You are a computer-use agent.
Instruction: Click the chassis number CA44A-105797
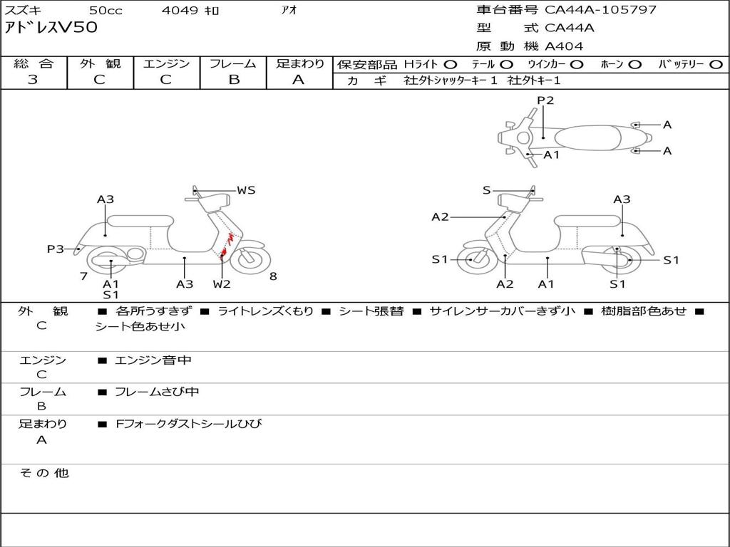pyautogui.click(x=600, y=10)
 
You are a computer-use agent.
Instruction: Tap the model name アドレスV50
pyautogui.click(x=51, y=28)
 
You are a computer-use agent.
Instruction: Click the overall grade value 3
pyautogui.click(x=33, y=80)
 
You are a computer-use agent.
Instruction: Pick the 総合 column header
pyautogui.click(x=34, y=63)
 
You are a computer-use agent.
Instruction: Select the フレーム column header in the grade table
pyautogui.click(x=234, y=63)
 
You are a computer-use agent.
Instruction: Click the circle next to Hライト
pyautogui.click(x=450, y=64)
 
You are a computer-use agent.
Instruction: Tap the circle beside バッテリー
pyautogui.click(x=716, y=64)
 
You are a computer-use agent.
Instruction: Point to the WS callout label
pyautogui.click(x=246, y=190)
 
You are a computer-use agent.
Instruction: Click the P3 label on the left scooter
pyautogui.click(x=56, y=249)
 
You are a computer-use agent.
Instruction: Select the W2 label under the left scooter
pyautogui.click(x=222, y=284)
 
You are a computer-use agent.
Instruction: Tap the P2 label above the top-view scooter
pyautogui.click(x=545, y=100)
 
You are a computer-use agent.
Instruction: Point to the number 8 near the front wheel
pyautogui.click(x=273, y=276)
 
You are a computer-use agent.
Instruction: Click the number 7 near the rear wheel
pyautogui.click(x=84, y=276)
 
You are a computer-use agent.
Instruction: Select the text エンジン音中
pyautogui.click(x=153, y=360)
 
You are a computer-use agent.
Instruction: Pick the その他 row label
pyautogui.click(x=43, y=473)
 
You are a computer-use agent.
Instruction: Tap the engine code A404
pyautogui.click(x=564, y=46)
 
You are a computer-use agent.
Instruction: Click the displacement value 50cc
pyautogui.click(x=105, y=10)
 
